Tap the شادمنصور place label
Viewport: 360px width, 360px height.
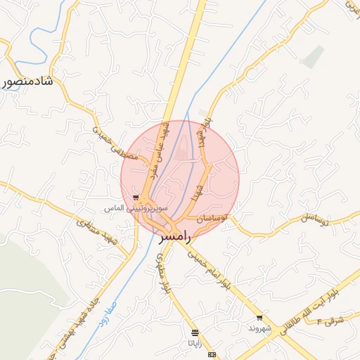click(28, 82)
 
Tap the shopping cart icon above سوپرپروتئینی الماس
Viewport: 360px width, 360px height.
click(136, 198)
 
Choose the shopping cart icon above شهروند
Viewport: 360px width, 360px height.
click(259, 318)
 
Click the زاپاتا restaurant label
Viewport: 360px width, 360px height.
click(193, 342)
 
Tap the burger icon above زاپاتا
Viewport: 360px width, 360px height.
click(194, 332)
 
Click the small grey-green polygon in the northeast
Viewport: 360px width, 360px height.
click(313, 56)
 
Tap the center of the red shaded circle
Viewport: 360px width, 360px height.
click(180, 180)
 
